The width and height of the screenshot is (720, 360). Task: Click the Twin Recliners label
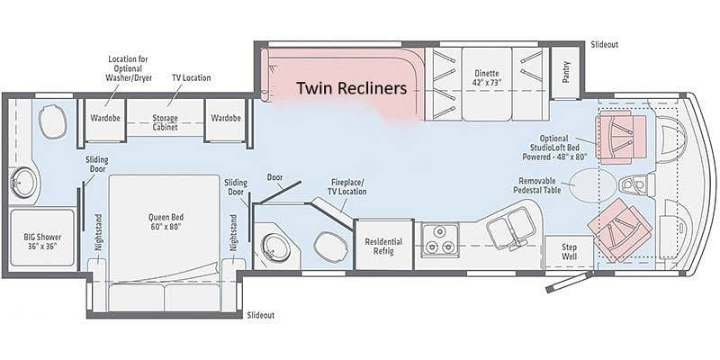pos(351,88)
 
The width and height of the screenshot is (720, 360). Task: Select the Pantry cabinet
pos(566,73)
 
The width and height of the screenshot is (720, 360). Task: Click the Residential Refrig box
pos(384,245)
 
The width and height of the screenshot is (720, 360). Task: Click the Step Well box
pos(570,253)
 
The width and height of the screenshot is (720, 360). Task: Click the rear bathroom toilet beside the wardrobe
pos(53,121)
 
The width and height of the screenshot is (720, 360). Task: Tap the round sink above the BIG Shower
pos(22,183)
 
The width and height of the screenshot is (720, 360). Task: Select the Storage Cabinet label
pos(165,122)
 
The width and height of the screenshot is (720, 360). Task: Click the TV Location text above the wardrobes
pos(191,77)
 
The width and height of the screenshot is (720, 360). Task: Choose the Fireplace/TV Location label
pos(347,186)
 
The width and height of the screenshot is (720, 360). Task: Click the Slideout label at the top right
pos(604,44)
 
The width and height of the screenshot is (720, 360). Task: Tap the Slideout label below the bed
pos(261,315)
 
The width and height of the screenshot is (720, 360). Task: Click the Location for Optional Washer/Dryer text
pos(128,68)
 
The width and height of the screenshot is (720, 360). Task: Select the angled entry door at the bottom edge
pos(568,282)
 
